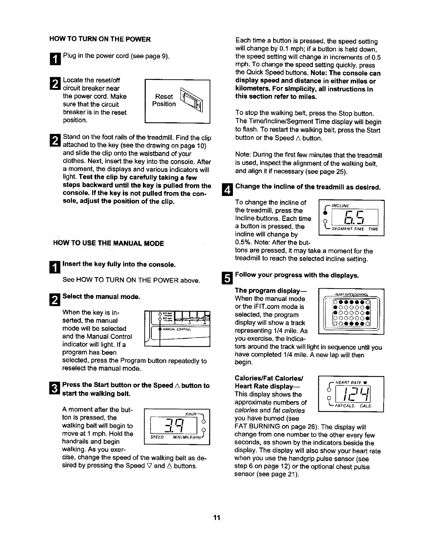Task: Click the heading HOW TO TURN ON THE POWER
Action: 100,39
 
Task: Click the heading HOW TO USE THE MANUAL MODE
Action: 108,244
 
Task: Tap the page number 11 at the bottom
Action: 216,517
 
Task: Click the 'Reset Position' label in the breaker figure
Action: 164,100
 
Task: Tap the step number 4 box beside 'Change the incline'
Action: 228,189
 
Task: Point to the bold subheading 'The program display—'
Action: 271,291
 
